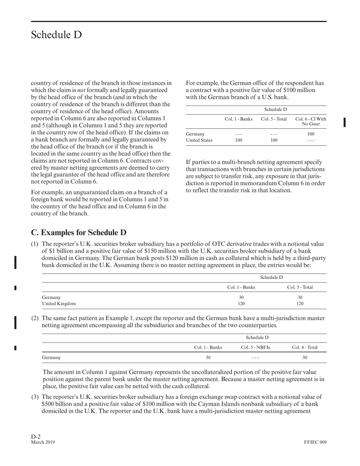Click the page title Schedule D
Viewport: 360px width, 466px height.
point(56,35)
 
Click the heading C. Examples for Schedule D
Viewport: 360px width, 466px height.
point(78,232)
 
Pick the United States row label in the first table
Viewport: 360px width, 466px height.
point(199,140)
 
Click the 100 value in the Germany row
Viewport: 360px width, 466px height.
point(311,134)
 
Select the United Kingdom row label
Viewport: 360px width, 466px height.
point(59,303)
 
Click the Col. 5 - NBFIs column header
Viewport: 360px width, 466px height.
point(255,347)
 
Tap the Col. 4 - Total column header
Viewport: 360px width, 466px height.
point(305,347)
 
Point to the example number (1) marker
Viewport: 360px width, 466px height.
point(34,244)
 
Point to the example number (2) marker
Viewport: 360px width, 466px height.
point(34,318)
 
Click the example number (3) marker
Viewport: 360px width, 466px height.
point(34,397)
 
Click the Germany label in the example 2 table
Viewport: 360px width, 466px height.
point(51,357)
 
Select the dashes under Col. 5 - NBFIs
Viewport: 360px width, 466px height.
point(255,357)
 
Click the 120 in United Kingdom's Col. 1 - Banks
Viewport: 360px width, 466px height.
point(241,303)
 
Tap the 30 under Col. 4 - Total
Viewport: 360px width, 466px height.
point(305,357)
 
